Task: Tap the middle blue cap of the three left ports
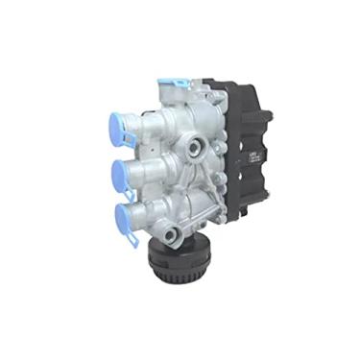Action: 121,173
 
